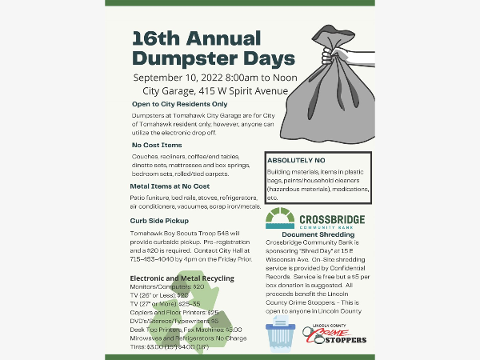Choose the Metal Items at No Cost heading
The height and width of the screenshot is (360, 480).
coord(170,186)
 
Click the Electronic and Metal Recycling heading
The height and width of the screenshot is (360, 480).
coord(182,278)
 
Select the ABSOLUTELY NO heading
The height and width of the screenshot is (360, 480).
coord(298,159)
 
